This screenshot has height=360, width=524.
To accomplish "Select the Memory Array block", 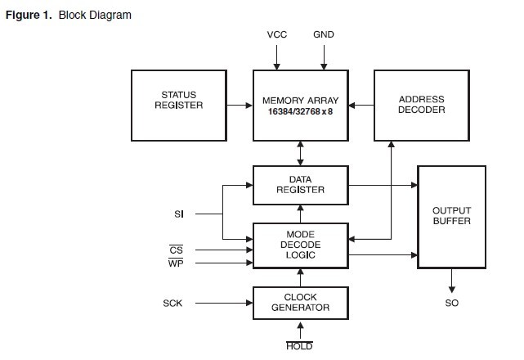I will [x=301, y=105].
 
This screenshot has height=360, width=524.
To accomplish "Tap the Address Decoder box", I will [x=422, y=105].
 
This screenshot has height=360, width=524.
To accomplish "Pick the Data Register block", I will [x=301, y=185].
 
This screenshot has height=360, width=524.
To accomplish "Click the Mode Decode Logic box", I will [x=301, y=245].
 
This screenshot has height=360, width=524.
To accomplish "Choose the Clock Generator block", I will [x=301, y=303].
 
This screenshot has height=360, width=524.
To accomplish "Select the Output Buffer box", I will [x=451, y=217].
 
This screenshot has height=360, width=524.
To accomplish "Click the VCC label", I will [x=277, y=35].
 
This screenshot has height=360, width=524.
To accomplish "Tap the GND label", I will [x=324, y=35].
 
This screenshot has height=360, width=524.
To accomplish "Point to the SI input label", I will [x=179, y=214].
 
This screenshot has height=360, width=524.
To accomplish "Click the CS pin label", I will [x=175, y=250].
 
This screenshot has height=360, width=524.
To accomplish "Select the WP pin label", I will [x=175, y=263].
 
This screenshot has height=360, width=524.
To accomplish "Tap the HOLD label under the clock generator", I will [x=300, y=346].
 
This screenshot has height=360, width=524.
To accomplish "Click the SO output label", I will [x=451, y=304].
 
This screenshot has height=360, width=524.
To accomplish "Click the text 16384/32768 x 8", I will [x=301, y=111].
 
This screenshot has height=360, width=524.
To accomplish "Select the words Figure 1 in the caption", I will [x=29, y=16].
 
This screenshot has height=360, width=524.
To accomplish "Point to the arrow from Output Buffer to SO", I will [x=451, y=280].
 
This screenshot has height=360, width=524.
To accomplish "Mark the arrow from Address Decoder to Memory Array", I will [x=361, y=105].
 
